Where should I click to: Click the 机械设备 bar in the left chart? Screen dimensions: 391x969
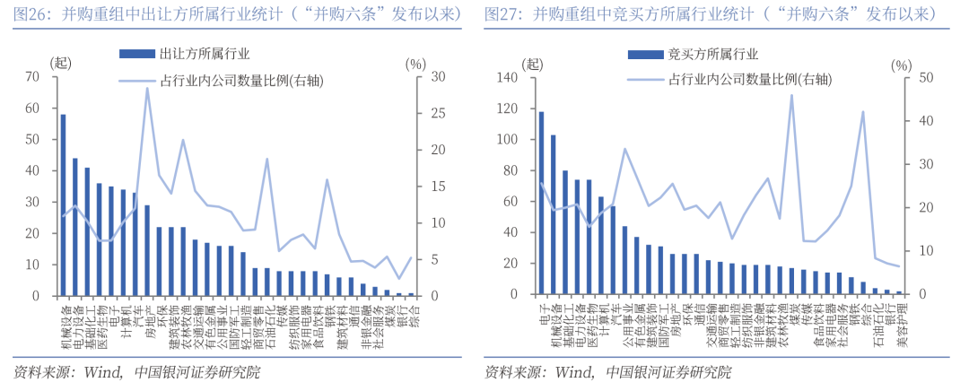(x=63, y=205)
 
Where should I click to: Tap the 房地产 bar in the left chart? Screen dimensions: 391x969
(x=147, y=250)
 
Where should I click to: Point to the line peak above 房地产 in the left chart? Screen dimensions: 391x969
(x=147, y=88)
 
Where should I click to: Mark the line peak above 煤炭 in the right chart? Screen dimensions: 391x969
(x=791, y=95)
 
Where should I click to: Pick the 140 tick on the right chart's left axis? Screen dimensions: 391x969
(x=507, y=77)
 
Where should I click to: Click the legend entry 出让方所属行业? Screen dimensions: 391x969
(x=205, y=55)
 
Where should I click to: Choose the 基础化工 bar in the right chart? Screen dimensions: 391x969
(x=565, y=233)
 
